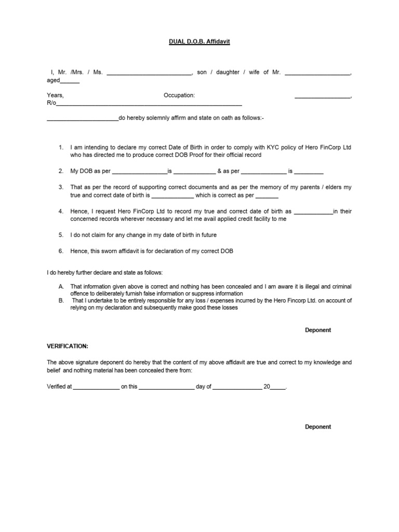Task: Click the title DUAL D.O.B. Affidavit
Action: [199, 41]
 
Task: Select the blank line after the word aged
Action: [70, 82]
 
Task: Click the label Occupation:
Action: [179, 96]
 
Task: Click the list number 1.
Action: [61, 148]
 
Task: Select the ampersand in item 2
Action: [220, 171]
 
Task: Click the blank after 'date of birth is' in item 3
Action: [172, 197]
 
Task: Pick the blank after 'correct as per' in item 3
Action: [267, 197]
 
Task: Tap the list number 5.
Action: [61, 235]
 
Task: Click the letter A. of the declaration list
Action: [61, 286]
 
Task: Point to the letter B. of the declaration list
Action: [61, 300]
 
